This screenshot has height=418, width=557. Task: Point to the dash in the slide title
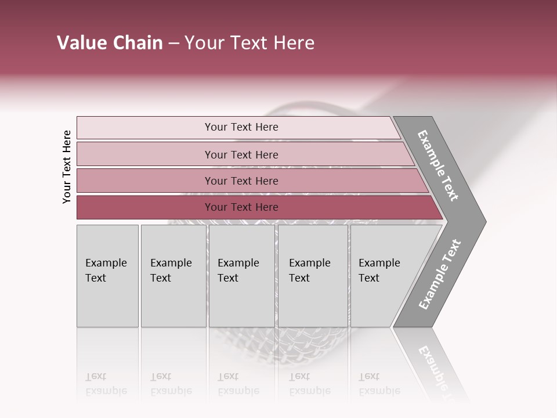[x=173, y=44]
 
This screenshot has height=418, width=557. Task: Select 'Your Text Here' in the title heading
[x=249, y=43]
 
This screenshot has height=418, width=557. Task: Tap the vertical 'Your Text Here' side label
[x=67, y=167]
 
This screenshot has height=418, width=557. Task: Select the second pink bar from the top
[x=241, y=154]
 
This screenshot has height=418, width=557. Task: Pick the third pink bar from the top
[x=241, y=181]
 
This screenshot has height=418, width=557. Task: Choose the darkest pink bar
[x=241, y=207]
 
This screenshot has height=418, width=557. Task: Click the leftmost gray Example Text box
[x=107, y=275]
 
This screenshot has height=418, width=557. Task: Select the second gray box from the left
[x=173, y=275]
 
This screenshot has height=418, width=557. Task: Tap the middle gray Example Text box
[x=241, y=275]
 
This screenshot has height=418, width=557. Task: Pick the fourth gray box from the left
[x=313, y=275]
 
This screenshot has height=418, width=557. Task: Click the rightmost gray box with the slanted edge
[x=383, y=275]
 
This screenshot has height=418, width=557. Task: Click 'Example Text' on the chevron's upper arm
[x=438, y=165]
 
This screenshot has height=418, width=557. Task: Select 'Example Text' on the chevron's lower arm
[x=440, y=275]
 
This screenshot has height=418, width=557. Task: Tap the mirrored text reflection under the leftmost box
[x=106, y=384]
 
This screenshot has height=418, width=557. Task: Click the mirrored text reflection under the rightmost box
[x=379, y=384]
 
